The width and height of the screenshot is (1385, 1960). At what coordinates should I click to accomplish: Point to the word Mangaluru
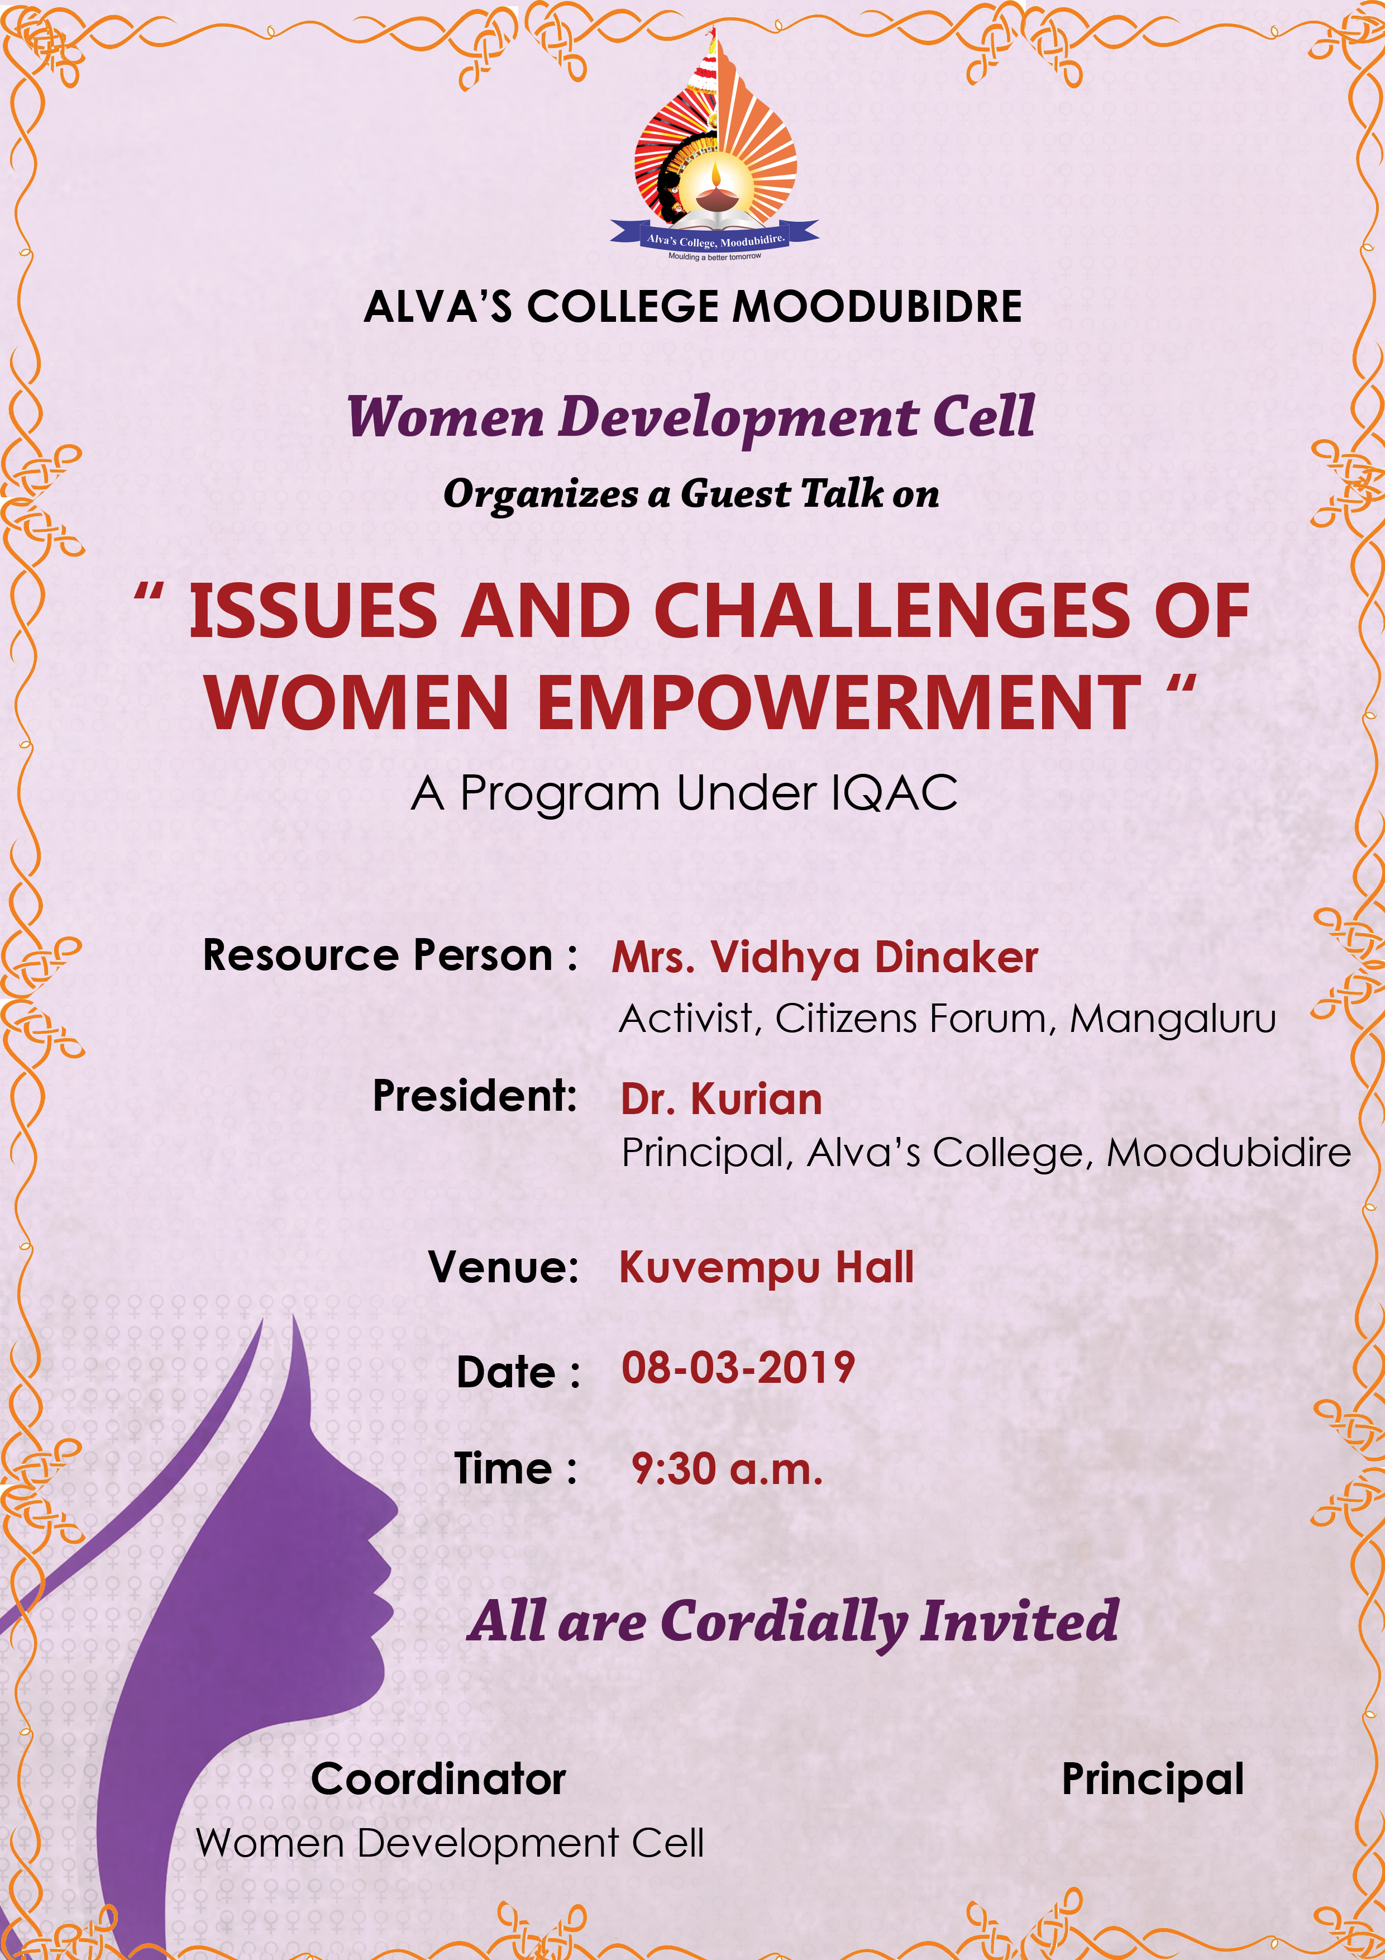coord(1173,1019)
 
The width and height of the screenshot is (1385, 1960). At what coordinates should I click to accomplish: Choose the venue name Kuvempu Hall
coord(766,1268)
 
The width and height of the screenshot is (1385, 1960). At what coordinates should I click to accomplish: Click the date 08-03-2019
coord(738,1368)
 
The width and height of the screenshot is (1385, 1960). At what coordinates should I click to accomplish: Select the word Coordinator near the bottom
coord(438,1778)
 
